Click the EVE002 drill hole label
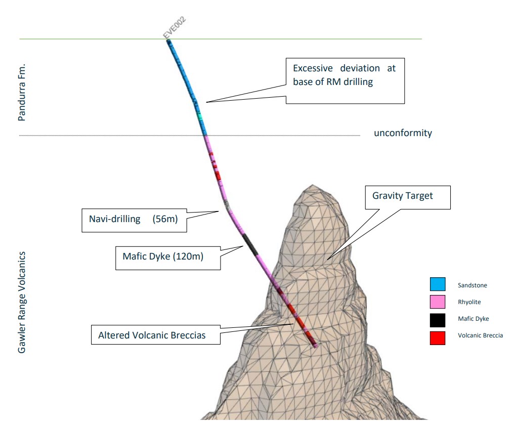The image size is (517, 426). [x=175, y=27]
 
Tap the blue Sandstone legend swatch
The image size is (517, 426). [x=438, y=284]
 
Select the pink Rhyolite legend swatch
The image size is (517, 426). [x=438, y=302]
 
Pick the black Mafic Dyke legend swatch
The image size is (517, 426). [x=438, y=320]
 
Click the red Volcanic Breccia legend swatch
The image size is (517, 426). [x=438, y=338]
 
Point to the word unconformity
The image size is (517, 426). [x=403, y=133]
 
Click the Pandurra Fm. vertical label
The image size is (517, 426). [x=22, y=93]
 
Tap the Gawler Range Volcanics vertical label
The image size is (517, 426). [x=22, y=303]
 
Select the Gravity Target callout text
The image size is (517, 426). [x=402, y=196]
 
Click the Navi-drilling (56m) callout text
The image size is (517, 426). [x=133, y=219]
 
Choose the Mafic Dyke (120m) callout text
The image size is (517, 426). [x=163, y=257]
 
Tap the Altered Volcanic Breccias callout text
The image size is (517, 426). [x=152, y=335]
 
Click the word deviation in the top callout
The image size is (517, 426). [x=360, y=68]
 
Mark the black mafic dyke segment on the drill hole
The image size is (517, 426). [x=250, y=244]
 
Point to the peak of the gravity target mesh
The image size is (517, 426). [x=312, y=185]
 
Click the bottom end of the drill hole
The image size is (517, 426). [x=316, y=346]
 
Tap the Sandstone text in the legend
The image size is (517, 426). [x=472, y=285]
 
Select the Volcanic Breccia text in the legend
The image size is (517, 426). [x=480, y=335]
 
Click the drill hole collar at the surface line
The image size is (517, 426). [x=168, y=40]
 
